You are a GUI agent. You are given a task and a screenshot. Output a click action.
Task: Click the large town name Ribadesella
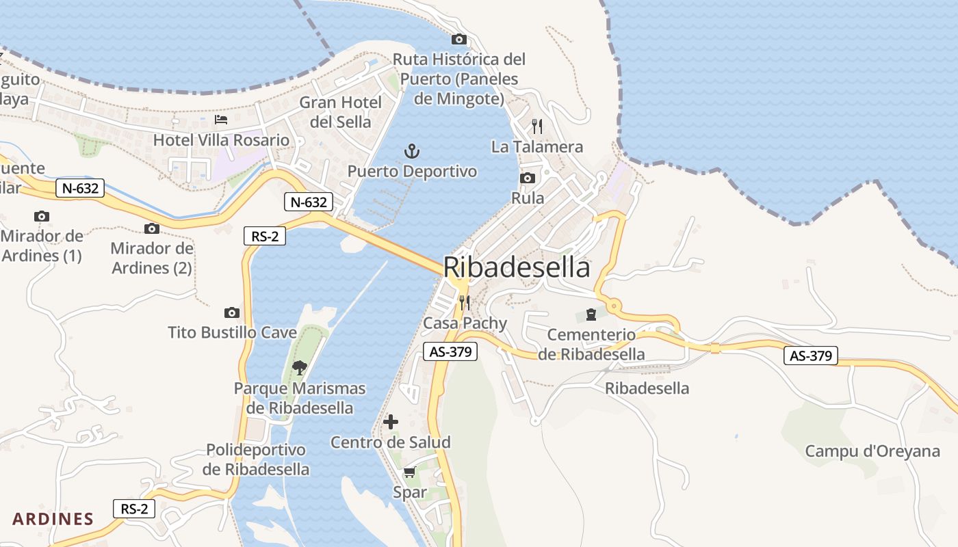[517, 267]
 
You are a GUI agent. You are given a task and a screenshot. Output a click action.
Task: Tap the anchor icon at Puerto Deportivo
[412, 151]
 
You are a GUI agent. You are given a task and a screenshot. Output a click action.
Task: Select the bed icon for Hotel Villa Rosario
[221, 120]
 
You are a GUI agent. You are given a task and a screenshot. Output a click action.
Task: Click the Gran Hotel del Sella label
[341, 112]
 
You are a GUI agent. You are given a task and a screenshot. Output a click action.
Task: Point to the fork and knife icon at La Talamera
[537, 126]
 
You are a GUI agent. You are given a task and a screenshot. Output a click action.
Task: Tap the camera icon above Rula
[528, 178]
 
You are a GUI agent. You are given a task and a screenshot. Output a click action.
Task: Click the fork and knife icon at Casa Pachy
[465, 302]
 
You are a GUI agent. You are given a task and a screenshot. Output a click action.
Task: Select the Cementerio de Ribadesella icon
[591, 315]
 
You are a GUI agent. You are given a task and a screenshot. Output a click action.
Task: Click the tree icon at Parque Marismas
[299, 368]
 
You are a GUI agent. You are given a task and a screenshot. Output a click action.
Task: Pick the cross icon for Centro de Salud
[391, 422]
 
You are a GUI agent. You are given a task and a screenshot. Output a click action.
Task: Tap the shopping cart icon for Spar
[409, 472]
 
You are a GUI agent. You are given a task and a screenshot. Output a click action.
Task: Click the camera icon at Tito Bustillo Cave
[232, 313]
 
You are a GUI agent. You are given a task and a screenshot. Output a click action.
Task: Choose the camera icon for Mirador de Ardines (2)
[152, 228]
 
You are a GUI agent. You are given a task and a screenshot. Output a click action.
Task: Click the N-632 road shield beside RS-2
[309, 202]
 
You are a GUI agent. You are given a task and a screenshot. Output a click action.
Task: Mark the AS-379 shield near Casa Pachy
[450, 351]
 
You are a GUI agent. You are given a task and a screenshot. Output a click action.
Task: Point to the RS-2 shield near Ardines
[134, 509]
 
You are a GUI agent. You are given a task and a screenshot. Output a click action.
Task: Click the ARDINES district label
[53, 519]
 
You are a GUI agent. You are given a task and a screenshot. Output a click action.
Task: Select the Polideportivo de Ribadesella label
[256, 459]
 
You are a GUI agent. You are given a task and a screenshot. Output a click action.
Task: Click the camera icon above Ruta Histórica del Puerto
[459, 39]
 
